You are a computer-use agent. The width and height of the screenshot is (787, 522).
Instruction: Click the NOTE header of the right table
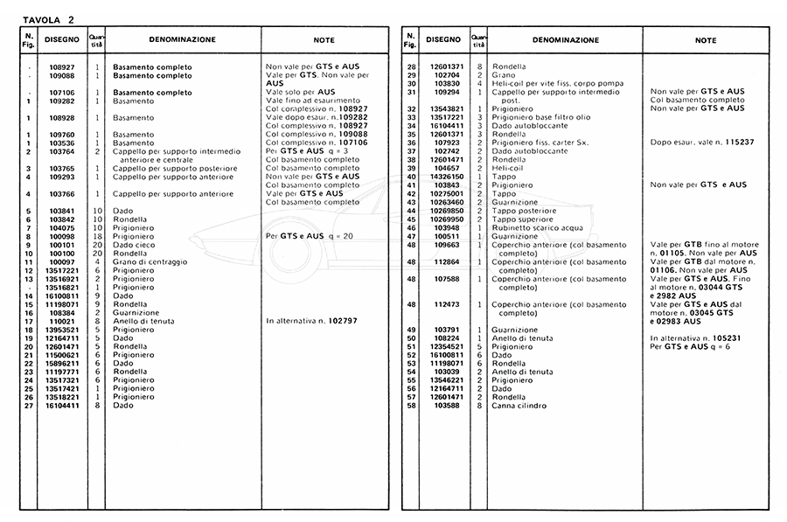tap(706, 40)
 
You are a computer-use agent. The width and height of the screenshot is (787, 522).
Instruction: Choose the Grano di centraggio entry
tap(149, 262)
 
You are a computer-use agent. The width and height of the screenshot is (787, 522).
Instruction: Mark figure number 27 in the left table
tap(29, 406)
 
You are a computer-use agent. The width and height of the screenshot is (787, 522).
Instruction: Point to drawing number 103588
tap(446, 406)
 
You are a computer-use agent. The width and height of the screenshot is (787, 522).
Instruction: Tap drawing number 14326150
tap(446, 177)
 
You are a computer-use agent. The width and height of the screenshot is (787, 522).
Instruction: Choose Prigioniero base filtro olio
tap(547, 117)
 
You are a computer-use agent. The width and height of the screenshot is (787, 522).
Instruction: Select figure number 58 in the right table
tap(411, 406)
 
